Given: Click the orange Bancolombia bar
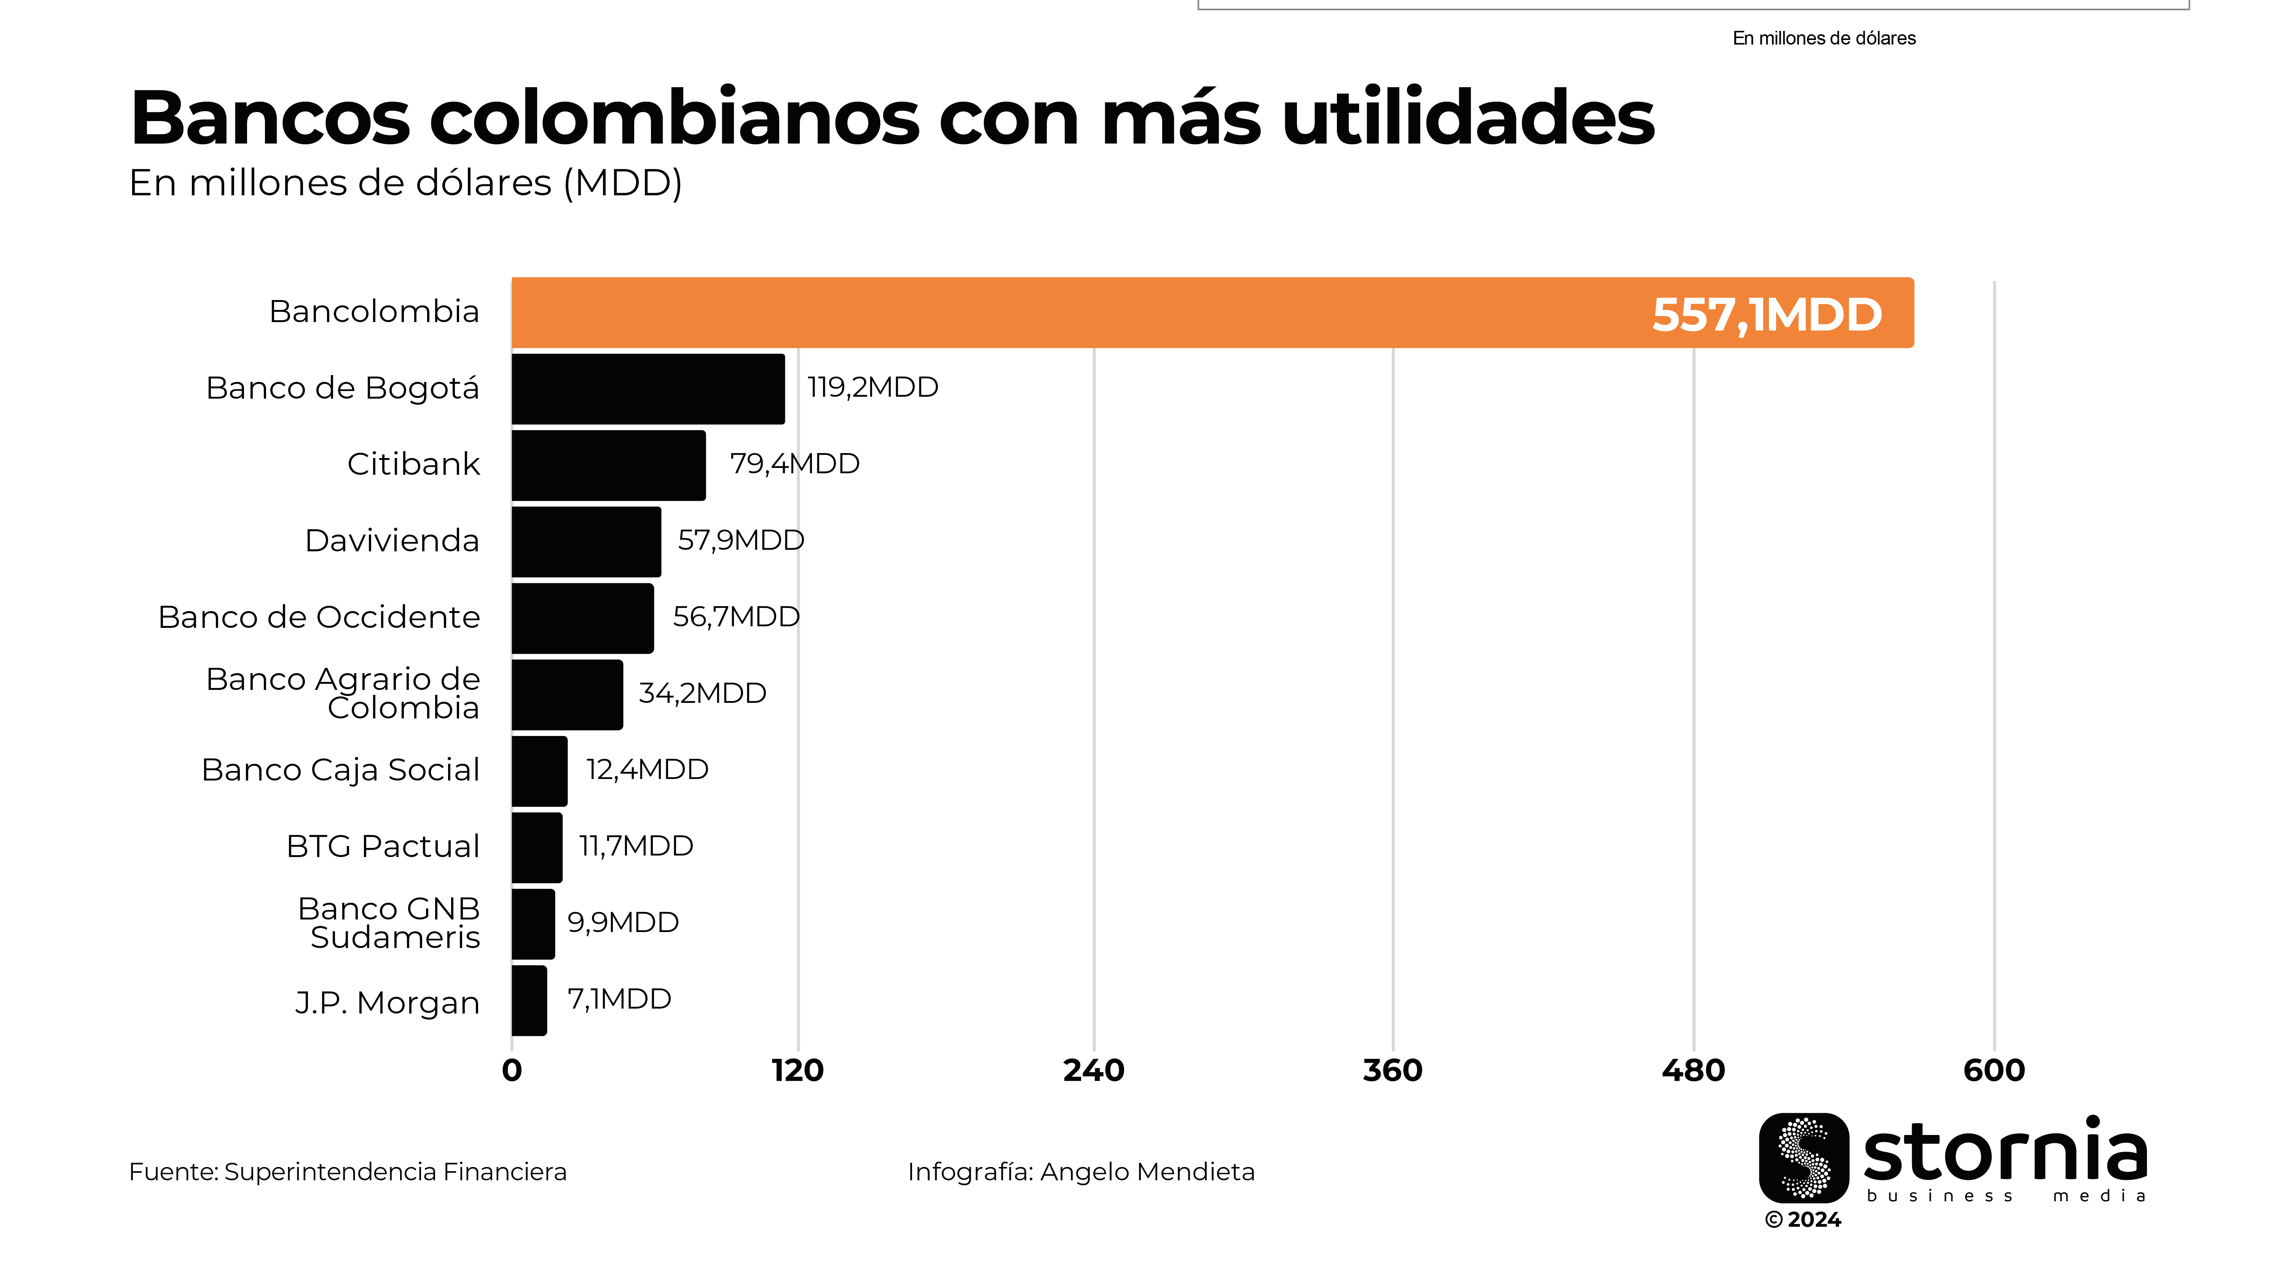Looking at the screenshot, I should [x=1064, y=313].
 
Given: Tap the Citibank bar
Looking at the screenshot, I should [x=608, y=466].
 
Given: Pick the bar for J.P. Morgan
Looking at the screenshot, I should [x=530, y=1000].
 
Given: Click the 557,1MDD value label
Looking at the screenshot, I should [x=1766, y=315].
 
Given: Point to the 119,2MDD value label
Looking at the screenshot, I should [x=872, y=388].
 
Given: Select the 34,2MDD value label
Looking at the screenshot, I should [x=702, y=693].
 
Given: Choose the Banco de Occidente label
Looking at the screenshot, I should [x=319, y=617].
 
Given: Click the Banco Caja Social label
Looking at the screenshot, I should [x=340, y=770].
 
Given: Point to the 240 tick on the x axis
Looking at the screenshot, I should [x=1093, y=1070].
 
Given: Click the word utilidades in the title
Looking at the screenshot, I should [x=1467, y=118].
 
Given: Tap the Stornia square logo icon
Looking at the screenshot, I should [x=1804, y=1157].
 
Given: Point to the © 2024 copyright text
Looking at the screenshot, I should [x=1802, y=1220].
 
